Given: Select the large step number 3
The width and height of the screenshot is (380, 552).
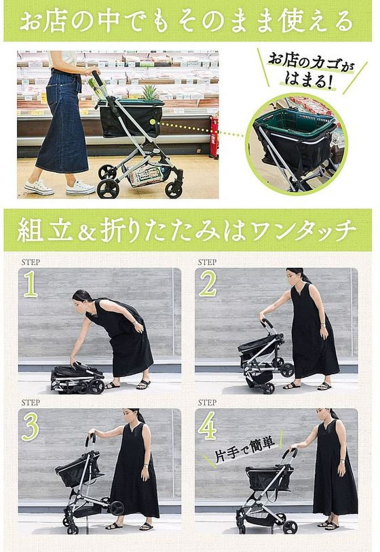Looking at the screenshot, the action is click(31, 427).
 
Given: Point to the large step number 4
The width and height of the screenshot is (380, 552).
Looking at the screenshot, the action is click(207, 427).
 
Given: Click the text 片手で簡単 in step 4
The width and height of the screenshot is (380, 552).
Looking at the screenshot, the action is click(244, 450).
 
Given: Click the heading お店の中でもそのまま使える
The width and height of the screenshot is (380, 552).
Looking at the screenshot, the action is click(187, 21).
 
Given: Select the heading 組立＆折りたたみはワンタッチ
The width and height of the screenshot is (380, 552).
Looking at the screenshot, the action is click(187, 231).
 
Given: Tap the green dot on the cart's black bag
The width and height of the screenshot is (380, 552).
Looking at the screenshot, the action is click(153, 122).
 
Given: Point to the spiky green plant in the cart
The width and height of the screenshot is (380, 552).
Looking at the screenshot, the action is click(149, 92).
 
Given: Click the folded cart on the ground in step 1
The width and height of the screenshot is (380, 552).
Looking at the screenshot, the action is click(77, 378).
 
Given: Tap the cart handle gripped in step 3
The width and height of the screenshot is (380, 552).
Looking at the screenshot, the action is click(90, 439).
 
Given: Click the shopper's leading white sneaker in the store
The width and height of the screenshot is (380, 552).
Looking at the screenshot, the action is click(81, 189).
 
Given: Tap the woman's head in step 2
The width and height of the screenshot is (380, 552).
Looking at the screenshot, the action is click(295, 276).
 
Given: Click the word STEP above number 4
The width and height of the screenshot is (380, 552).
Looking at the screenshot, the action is click(207, 403).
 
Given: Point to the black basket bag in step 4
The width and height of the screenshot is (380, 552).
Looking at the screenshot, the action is click(269, 478).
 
